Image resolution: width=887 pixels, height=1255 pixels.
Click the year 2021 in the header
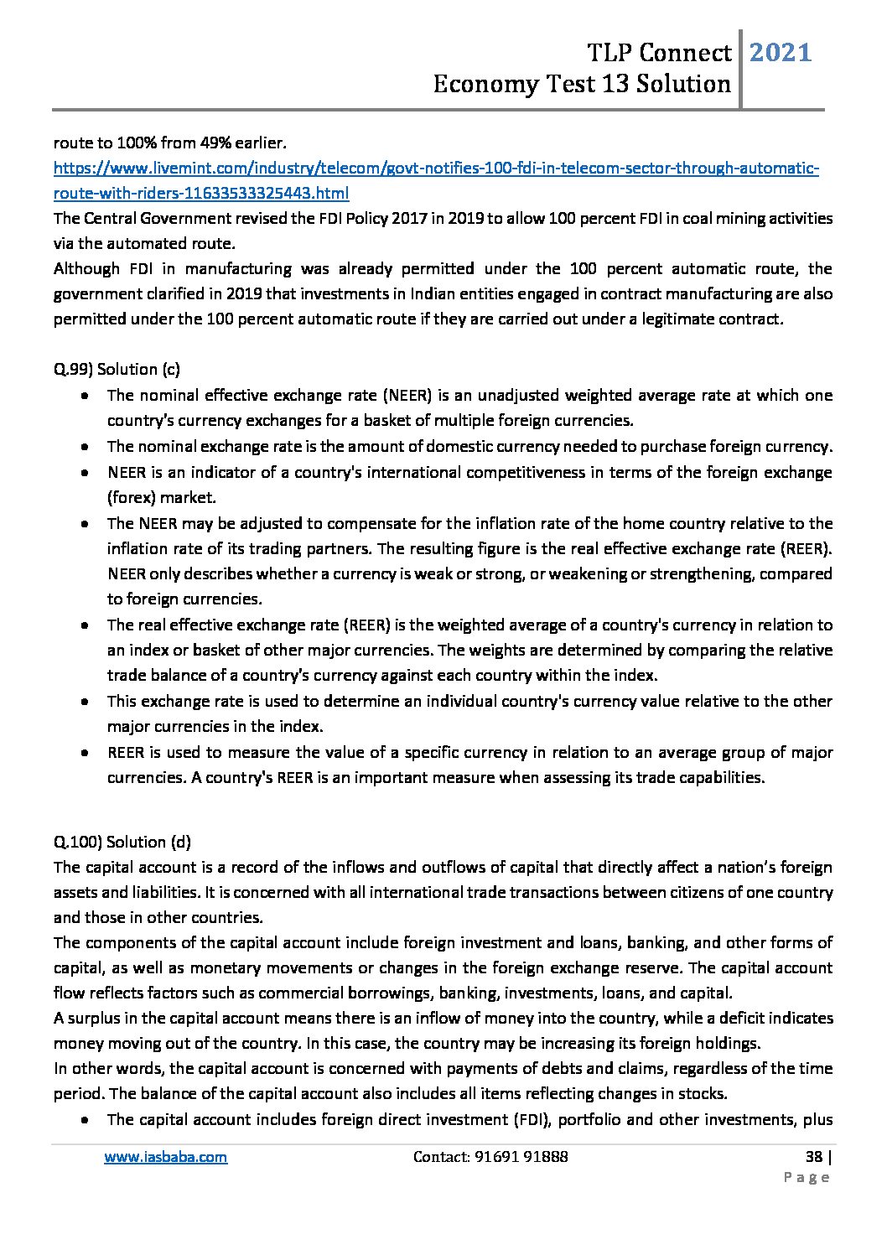click(x=780, y=54)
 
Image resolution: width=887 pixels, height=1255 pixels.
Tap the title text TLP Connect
click(x=659, y=54)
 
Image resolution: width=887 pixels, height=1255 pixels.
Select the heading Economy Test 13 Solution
click(x=582, y=85)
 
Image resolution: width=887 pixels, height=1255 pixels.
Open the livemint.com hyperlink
click(x=436, y=169)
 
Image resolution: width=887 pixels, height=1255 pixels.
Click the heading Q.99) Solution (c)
click(x=117, y=369)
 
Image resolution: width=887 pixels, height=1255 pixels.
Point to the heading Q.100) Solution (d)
click(x=122, y=842)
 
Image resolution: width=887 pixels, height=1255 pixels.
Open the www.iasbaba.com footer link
click(x=165, y=1157)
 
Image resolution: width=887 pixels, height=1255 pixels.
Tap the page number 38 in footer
click(x=812, y=1157)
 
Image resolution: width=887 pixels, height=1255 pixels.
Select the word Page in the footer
click(x=807, y=1178)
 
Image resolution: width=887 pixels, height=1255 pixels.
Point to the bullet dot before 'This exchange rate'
click(x=86, y=702)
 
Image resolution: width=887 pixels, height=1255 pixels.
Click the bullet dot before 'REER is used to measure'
click(x=86, y=753)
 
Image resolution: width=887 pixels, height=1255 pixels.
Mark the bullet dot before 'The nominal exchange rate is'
click(x=86, y=447)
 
